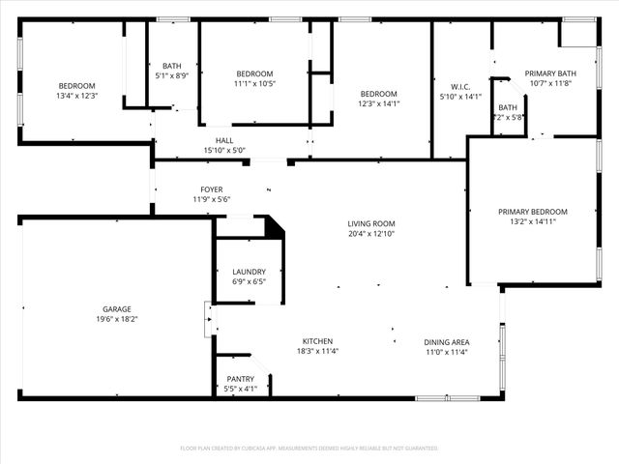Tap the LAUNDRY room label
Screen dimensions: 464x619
[249, 272]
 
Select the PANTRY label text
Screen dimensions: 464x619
[241, 379]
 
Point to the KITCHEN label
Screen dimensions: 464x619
[317, 341]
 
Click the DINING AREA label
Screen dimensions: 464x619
[446, 341]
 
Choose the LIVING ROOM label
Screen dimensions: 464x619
[371, 223]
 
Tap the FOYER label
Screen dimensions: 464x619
[211, 189]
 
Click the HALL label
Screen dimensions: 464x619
[224, 140]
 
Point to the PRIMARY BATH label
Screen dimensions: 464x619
[550, 73]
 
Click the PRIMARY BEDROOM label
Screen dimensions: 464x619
[532, 212]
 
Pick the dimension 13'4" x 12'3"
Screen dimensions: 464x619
[76, 96]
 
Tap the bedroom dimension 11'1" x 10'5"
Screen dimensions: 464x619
[254, 84]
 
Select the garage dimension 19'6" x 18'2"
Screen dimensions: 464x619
[116, 319]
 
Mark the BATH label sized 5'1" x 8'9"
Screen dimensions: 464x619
[172, 65]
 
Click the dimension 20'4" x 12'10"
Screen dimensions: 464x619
[371, 233]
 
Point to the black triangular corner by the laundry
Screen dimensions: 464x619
[275, 227]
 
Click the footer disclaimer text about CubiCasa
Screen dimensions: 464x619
[309, 448]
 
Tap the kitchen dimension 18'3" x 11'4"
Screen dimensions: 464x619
[317, 351]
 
